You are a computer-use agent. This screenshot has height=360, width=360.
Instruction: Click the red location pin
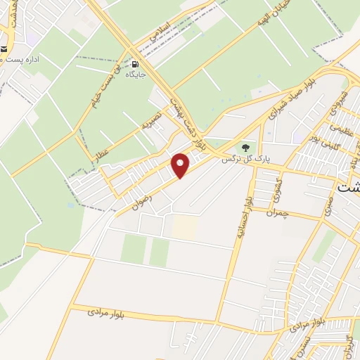(x=181, y=165)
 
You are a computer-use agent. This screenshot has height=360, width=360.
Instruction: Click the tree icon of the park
(x=245, y=148)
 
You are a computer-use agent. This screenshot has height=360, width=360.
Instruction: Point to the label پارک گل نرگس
(x=237, y=160)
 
